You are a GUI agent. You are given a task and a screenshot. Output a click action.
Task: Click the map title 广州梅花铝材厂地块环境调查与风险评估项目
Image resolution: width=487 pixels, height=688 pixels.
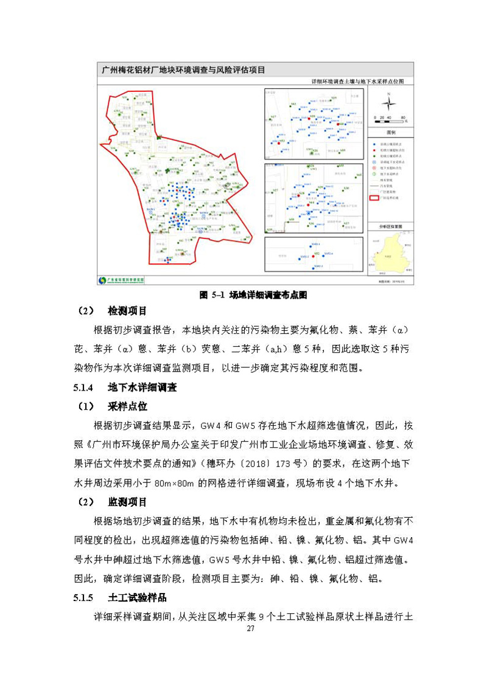pos(183,70)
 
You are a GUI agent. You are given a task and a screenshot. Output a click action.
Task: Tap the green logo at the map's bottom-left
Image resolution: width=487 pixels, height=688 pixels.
pos(103,280)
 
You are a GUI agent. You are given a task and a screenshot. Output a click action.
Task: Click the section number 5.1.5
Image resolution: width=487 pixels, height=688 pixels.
pos(85,597)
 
